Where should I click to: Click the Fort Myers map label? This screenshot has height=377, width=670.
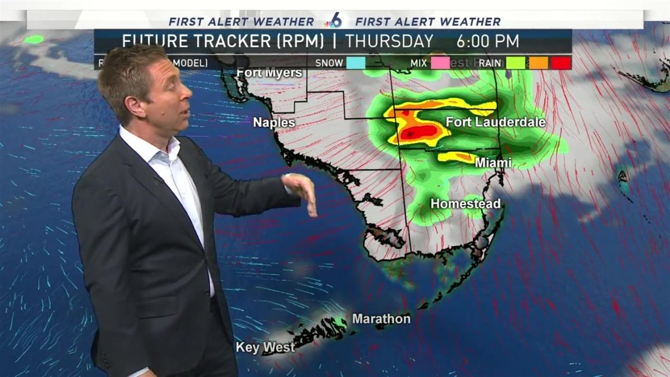tap(270, 73)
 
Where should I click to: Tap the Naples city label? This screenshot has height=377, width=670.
tap(274, 122)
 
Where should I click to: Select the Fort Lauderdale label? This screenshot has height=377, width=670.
tap(495, 122)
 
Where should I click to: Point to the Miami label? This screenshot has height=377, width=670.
tap(493, 163)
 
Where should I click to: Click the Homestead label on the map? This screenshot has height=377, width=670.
tap(465, 204)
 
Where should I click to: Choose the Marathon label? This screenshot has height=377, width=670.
tap(381, 319)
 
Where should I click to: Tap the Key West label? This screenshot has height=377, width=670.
tap(265, 347)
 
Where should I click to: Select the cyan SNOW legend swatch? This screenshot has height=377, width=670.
tap(356, 63)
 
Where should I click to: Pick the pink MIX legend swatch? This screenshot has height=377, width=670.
tap(440, 63)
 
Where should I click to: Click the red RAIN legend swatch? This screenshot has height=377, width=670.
tap(561, 63)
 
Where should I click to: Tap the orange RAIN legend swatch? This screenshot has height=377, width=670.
tap(538, 63)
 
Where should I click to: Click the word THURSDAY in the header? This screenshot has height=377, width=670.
tap(389, 41)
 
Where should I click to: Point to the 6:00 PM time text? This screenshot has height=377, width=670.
tap(487, 41)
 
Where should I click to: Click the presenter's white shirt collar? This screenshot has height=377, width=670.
tap(167, 149)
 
